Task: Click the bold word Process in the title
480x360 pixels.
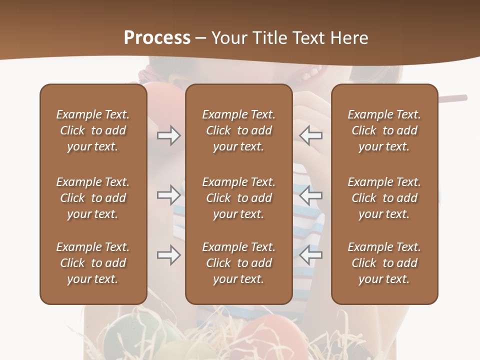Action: [x=157, y=38]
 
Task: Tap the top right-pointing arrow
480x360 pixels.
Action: [x=168, y=135]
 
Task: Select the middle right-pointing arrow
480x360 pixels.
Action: [x=168, y=195]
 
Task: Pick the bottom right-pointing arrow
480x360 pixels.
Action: [x=168, y=255]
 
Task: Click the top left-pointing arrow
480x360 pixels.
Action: [x=311, y=135]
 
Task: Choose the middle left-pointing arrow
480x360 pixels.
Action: [x=311, y=195]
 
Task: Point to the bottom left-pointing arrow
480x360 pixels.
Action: [x=311, y=255]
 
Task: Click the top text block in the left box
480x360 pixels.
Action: [x=93, y=130]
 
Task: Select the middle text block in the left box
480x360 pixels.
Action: [x=93, y=198]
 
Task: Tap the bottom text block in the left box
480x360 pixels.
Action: [x=93, y=263]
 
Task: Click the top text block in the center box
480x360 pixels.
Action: [x=238, y=130]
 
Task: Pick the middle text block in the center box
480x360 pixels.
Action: [x=238, y=198]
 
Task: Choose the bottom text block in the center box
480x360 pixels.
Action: [x=238, y=263]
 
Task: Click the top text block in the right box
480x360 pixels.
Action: [x=384, y=130]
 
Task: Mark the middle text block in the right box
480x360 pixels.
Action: [x=384, y=198]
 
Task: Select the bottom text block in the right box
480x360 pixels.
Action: [x=384, y=263]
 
